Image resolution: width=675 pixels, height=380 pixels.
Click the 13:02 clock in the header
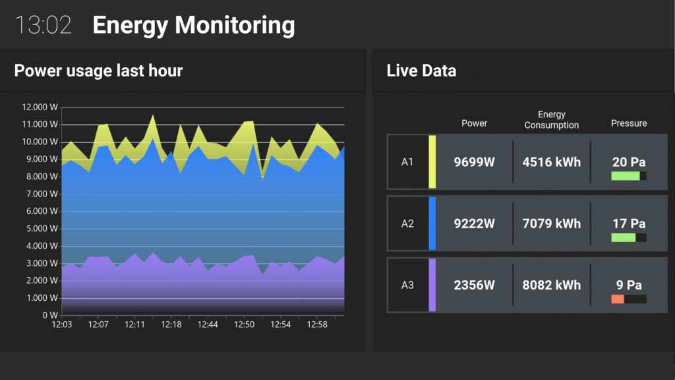[43, 25]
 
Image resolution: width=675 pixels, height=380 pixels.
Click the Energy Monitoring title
[194, 25]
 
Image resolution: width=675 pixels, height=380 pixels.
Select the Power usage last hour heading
[98, 70]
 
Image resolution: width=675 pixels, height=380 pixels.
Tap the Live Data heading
[421, 70]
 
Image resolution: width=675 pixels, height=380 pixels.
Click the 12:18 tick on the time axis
[171, 325]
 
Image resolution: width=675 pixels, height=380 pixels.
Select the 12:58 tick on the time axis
[318, 325]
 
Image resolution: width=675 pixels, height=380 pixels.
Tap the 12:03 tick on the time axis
[62, 325]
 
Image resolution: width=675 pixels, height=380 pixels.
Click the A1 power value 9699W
[475, 162]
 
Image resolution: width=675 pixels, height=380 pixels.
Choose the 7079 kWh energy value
[552, 224]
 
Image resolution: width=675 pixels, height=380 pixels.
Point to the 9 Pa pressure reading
[629, 285]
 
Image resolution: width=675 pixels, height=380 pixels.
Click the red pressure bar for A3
[618, 299]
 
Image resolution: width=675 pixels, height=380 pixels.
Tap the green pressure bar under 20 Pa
[626, 176]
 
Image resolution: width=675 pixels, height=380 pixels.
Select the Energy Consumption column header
[552, 119]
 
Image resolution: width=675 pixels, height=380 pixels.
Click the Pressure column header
[629, 123]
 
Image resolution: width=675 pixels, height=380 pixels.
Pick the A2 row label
[407, 224]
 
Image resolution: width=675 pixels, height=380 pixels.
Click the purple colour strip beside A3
[432, 285]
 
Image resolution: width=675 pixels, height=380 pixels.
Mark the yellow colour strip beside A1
[432, 162]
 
